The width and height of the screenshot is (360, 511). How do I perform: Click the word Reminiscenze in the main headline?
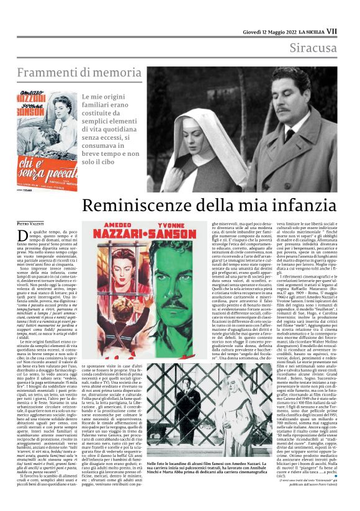(x=142, y=206)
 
